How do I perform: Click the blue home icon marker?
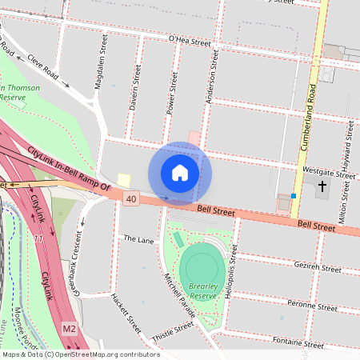point(180,173)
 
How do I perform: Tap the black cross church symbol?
point(323,187)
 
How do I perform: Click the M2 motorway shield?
point(70,329)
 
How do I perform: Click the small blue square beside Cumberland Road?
point(294,196)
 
